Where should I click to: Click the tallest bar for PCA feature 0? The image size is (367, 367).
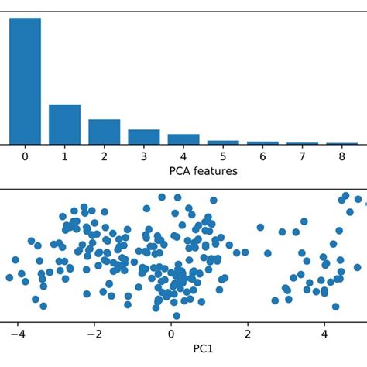point(25,81)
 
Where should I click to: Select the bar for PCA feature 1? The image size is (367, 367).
point(64,125)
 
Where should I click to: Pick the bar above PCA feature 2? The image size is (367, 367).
point(104,132)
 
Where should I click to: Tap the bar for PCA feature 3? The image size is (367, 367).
point(143,137)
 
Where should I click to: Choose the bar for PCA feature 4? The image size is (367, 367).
point(183,139)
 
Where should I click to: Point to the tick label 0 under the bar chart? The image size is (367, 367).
point(25,156)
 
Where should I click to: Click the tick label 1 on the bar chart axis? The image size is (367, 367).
point(64,156)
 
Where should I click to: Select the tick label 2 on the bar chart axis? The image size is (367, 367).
point(104,156)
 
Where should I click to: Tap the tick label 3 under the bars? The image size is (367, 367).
point(143,156)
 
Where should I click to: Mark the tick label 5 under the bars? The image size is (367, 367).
point(223,156)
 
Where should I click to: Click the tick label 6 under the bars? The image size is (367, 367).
point(262,156)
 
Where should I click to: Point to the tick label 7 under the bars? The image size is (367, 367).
point(302,156)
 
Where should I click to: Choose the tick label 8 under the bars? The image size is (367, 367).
point(341,156)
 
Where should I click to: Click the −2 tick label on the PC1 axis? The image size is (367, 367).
point(94,334)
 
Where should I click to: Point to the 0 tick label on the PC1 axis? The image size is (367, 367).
point(171,334)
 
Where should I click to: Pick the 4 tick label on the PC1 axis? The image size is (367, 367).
point(324,334)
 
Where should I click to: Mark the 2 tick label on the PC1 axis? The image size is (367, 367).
point(248,334)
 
